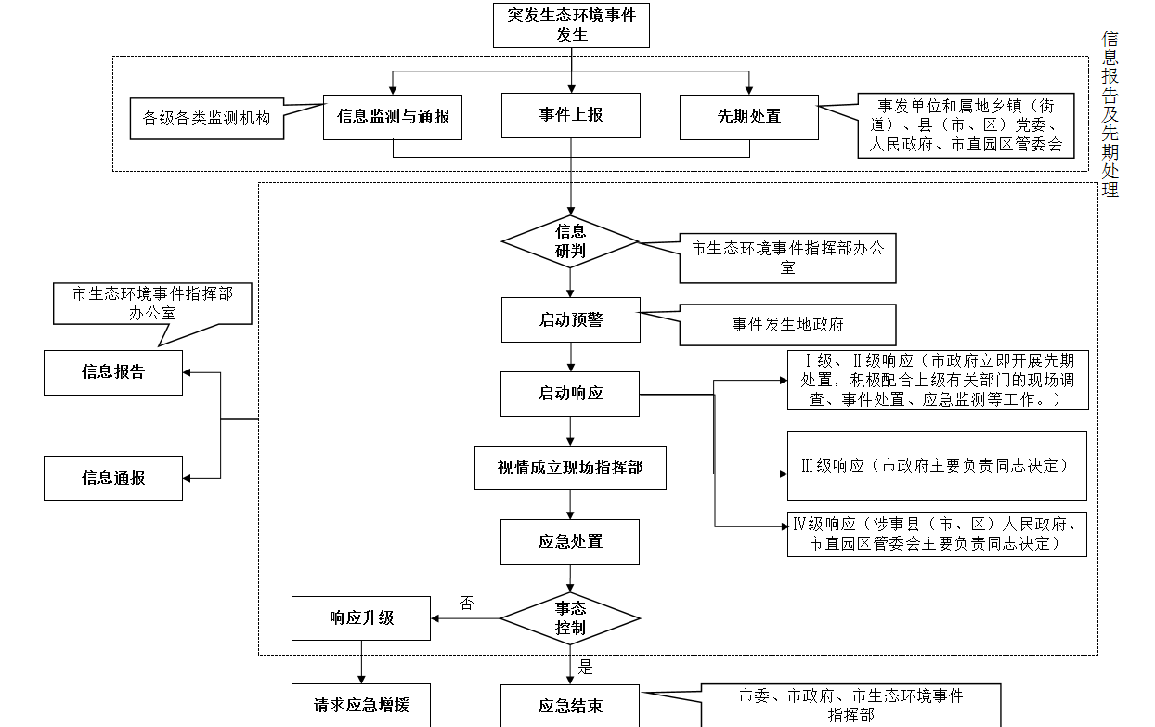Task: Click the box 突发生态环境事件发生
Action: tap(571, 25)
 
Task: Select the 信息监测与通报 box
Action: tap(393, 116)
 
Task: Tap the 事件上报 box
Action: tap(571, 115)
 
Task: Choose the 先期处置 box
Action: tap(748, 117)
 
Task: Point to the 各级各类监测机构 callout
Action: tap(206, 119)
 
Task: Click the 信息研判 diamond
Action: tap(570, 241)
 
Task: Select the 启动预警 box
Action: tap(570, 319)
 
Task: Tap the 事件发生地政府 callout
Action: tap(787, 325)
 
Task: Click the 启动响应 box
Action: tap(570, 394)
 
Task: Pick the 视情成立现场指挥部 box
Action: tap(570, 468)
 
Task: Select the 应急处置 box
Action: tap(570, 541)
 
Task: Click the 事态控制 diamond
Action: tap(570, 618)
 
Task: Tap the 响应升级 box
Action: tap(361, 618)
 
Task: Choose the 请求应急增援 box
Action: tap(361, 706)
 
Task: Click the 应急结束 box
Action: tap(570, 706)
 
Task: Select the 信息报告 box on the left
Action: tap(113, 372)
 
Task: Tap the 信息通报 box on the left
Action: tap(113, 478)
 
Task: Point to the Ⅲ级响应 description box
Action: tap(936, 465)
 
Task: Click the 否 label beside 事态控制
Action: tap(466, 604)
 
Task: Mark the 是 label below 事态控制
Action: tap(585, 667)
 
